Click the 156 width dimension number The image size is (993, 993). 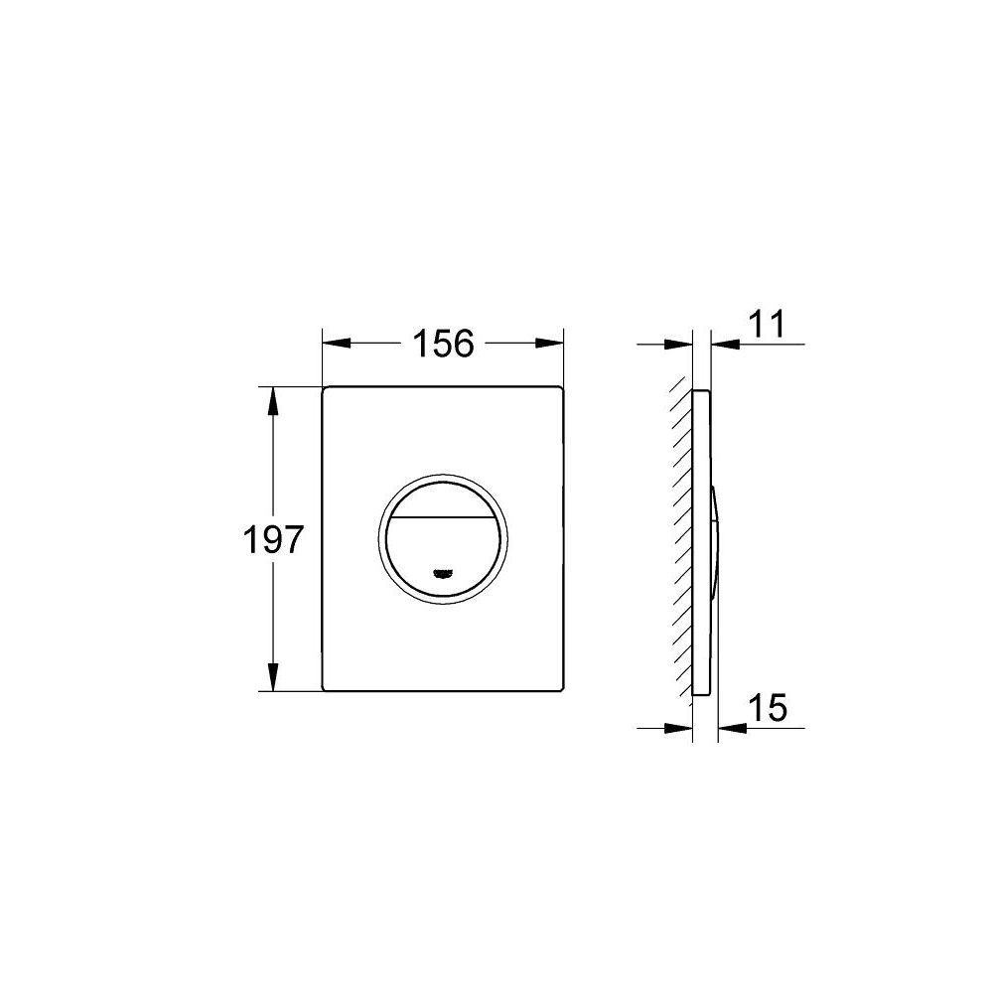point(443,344)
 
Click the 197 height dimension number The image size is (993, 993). point(274,540)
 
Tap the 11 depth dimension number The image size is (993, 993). point(767,324)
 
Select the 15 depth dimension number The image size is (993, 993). point(768,707)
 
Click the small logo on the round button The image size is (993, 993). point(443,573)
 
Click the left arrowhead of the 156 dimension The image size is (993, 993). point(337,344)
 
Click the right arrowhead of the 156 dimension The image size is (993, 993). point(549,344)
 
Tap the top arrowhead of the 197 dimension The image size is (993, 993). point(273,401)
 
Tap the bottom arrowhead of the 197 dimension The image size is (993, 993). point(273,677)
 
